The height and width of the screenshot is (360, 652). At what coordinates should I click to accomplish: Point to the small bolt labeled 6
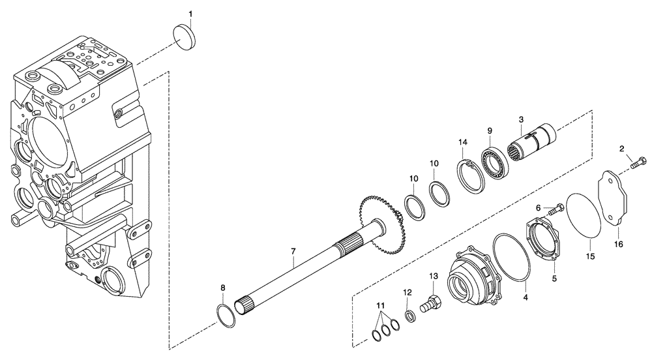[556, 210]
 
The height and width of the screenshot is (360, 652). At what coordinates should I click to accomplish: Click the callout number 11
[381, 305]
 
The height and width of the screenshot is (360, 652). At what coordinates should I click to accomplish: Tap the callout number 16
[618, 245]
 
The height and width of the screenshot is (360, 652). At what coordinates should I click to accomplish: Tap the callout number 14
[462, 142]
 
